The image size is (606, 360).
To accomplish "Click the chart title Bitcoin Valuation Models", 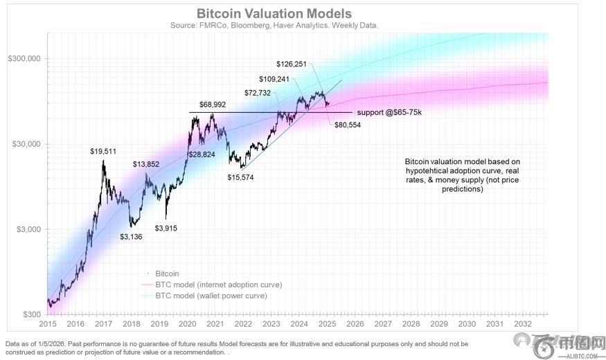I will coord(274,14).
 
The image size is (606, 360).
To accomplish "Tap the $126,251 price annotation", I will coord(291,64).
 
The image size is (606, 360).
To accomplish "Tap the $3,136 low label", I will coord(134,236).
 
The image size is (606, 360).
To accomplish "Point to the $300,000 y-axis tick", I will coord(24,60).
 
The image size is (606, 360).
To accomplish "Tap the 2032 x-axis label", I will coord(524,324).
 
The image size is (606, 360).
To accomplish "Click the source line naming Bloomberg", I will coord(274,25).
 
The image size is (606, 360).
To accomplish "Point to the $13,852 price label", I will coord(150,164).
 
